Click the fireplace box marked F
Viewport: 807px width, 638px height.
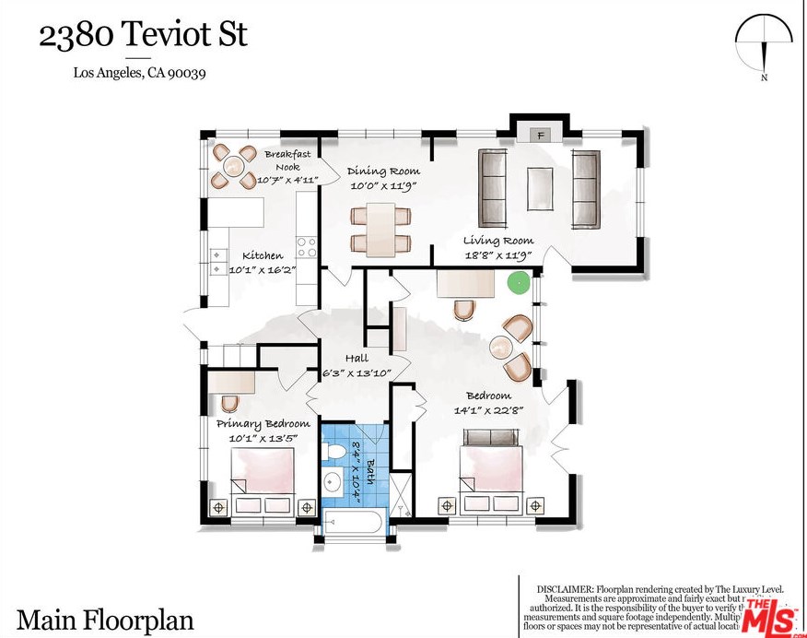coord(542,136)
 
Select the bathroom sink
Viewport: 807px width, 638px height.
coord(333,482)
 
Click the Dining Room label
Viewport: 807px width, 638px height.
coord(384,171)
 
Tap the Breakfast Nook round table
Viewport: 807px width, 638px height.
coord(234,166)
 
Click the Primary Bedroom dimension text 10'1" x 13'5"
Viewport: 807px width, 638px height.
coord(263,438)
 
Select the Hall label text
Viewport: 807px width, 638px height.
coord(357,359)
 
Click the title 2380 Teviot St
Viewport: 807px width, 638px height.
coord(142,36)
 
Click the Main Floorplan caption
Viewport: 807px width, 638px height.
coord(105,620)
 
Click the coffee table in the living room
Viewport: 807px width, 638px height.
coord(539,189)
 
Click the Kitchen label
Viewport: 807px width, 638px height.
coord(263,255)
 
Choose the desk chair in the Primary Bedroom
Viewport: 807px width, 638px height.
coord(229,403)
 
